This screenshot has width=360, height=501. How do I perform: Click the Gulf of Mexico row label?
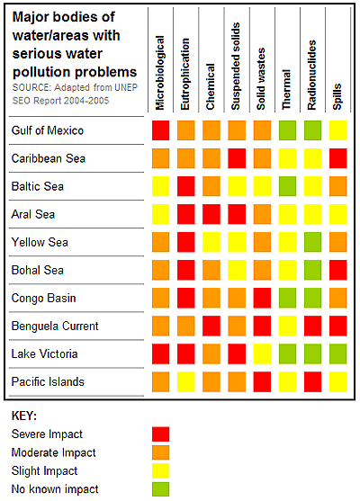click(x=47, y=131)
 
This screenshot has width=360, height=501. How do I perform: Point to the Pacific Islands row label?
click(x=47, y=382)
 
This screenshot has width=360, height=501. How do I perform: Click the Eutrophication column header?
click(x=186, y=75)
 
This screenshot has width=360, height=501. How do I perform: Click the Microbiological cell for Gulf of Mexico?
click(x=161, y=131)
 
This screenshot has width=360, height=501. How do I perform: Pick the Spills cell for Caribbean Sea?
click(x=337, y=159)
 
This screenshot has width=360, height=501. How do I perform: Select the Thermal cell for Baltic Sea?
click(x=287, y=187)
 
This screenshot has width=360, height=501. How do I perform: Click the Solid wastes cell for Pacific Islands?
click(x=262, y=382)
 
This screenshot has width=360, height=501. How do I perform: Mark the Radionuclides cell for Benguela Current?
click(x=312, y=327)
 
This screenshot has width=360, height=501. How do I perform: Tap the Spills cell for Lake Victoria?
click(x=337, y=354)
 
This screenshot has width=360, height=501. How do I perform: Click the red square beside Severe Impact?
click(x=161, y=434)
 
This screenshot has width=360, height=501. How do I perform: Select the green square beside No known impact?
click(x=161, y=489)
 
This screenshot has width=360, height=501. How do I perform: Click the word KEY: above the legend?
click(x=24, y=416)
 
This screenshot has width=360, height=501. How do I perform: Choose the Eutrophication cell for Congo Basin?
click(x=186, y=299)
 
